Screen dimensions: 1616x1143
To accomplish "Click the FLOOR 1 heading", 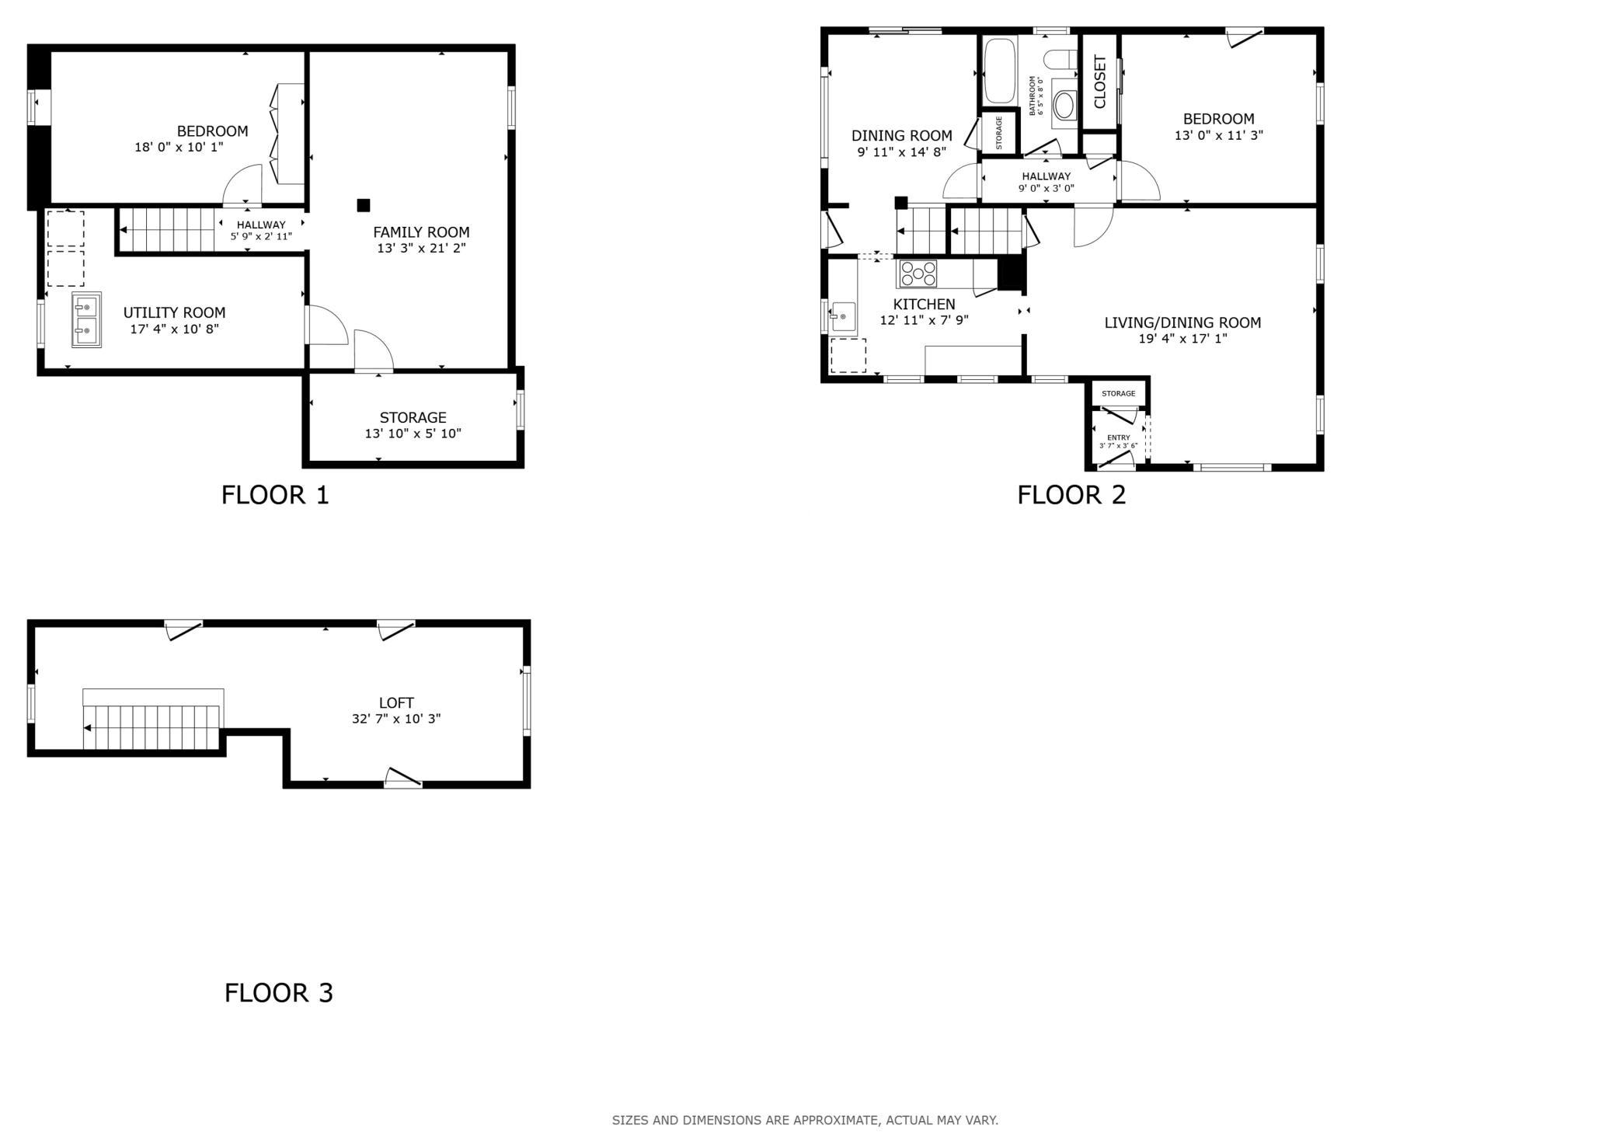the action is coord(275,495).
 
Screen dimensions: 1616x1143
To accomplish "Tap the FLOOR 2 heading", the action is coord(1071,495).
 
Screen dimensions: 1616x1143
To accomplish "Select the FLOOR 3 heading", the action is coord(279,993).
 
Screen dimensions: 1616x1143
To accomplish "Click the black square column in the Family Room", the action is coord(363,205).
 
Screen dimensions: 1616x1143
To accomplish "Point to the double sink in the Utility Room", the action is coord(86,319).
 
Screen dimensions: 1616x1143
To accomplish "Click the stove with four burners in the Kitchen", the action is coord(918,274).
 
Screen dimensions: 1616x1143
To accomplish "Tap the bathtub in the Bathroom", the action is coord(1000,70).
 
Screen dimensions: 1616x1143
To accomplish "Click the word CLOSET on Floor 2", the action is coord(1099,82).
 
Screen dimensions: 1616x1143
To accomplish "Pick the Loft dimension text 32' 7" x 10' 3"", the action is coord(396,719).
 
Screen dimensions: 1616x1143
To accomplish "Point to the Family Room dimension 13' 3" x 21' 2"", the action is coord(421,249).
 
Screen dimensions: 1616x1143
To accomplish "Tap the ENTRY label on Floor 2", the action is coord(1119,437).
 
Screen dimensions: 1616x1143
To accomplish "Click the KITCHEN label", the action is coord(924,305).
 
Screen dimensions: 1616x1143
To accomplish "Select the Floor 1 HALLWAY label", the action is coord(261,225).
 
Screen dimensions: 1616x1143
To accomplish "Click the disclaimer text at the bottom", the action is coord(805,1120).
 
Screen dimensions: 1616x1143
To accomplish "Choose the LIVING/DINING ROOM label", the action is coord(1182,322).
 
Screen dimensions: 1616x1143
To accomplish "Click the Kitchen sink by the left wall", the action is coord(843,317).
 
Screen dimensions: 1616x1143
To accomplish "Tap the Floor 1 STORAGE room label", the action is coord(413,417).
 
